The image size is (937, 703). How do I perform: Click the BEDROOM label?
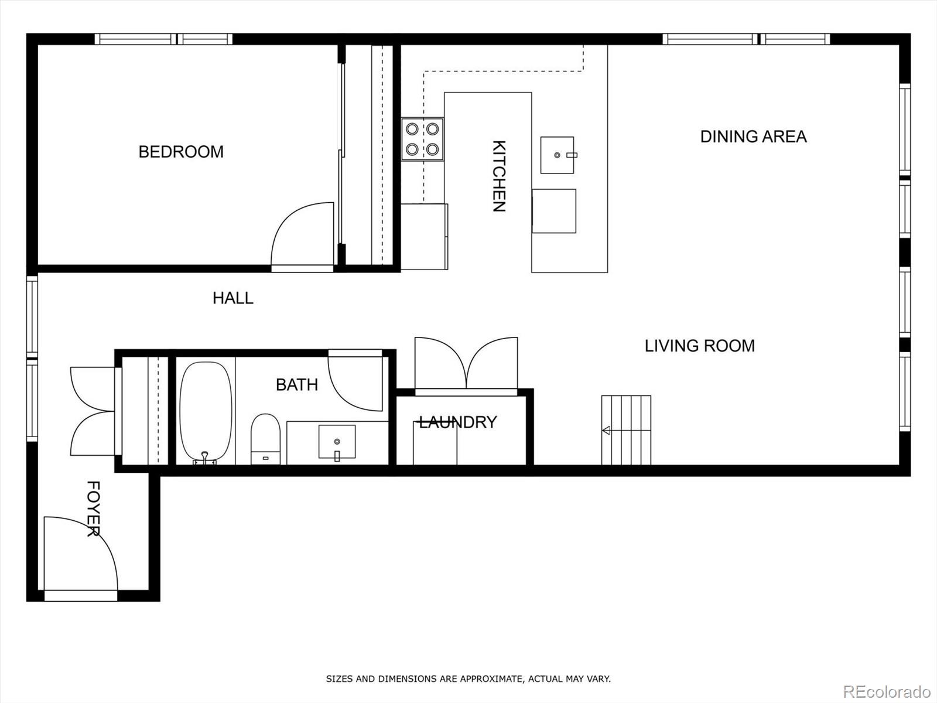click(181, 152)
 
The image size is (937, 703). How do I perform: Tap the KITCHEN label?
click(498, 176)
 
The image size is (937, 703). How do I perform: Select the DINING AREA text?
click(753, 136)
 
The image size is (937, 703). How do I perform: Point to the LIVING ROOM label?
click(699, 346)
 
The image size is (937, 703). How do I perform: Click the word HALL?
click(232, 298)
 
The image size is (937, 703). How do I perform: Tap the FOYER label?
click(93, 509)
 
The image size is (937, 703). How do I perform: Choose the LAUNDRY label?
click(457, 422)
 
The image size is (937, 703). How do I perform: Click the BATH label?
click(296, 385)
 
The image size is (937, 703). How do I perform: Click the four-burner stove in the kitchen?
click(422, 139)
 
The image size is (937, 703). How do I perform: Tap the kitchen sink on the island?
click(557, 155)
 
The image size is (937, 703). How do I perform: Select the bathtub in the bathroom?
click(206, 412)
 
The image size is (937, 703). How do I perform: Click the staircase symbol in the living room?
click(626, 430)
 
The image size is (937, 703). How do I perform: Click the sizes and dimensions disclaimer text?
click(468, 679)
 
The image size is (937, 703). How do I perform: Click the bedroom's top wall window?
click(164, 39)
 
